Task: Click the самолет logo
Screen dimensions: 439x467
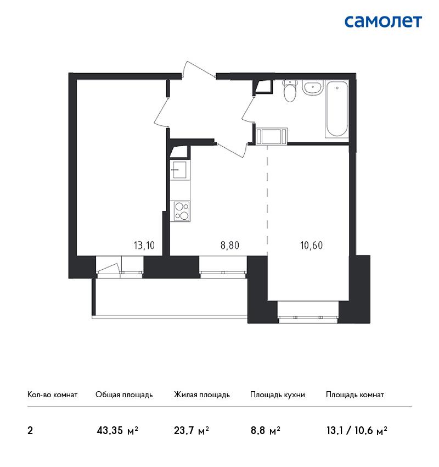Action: [x=383, y=22]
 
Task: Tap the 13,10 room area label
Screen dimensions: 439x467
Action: [x=144, y=246]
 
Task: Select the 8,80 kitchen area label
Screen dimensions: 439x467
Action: [x=229, y=246]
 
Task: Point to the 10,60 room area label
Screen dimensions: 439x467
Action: [x=311, y=246]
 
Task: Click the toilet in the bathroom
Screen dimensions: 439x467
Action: [x=290, y=91]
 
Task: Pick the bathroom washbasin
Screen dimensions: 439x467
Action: [x=312, y=87]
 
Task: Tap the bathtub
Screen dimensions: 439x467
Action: [x=337, y=109]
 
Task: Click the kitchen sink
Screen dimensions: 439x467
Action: [x=179, y=170]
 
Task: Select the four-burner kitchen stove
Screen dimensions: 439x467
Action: [x=180, y=211]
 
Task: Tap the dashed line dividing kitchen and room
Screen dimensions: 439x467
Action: [x=267, y=199]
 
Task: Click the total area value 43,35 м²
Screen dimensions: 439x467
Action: [x=117, y=430]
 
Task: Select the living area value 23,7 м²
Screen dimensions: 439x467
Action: [x=192, y=430]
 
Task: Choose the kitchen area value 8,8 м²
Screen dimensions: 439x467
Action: [x=265, y=430]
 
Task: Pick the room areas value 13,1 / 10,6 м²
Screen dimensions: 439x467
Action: [x=357, y=430]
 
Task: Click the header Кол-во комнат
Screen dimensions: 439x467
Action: [x=52, y=394]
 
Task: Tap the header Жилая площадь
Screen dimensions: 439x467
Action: [x=201, y=394]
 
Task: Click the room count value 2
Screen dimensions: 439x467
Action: [x=30, y=430]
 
